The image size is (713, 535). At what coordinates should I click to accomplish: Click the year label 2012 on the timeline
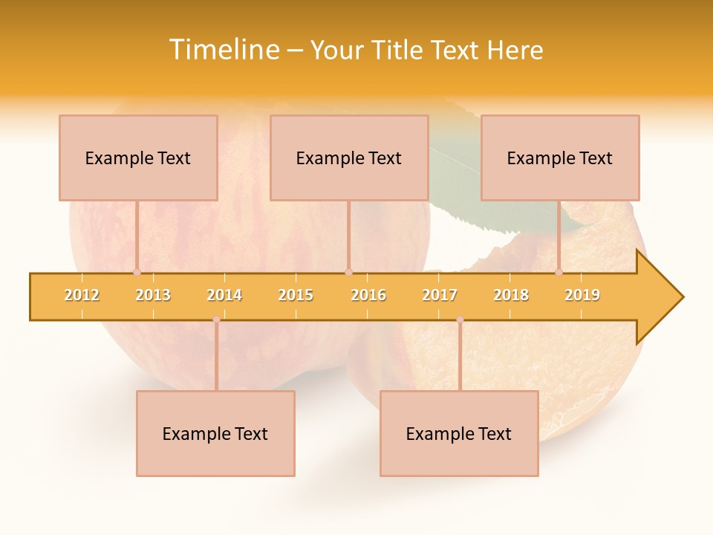pyautogui.click(x=82, y=295)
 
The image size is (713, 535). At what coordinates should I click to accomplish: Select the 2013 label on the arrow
pyautogui.click(x=153, y=295)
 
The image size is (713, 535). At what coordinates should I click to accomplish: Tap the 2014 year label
pyautogui.click(x=224, y=295)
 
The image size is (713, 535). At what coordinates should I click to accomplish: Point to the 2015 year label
pyautogui.click(x=296, y=295)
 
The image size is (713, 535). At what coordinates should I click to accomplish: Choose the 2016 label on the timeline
pyautogui.click(x=368, y=295)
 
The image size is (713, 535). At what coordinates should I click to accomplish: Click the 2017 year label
pyautogui.click(x=440, y=295)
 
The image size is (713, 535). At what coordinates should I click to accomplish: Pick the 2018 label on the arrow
pyautogui.click(x=511, y=295)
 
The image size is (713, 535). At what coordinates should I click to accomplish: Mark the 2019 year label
pyautogui.click(x=582, y=295)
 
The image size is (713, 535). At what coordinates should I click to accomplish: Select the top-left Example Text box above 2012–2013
pyautogui.click(x=138, y=158)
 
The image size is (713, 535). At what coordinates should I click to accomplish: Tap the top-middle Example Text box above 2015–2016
pyautogui.click(x=349, y=158)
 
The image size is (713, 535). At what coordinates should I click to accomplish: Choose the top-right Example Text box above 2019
pyautogui.click(x=560, y=158)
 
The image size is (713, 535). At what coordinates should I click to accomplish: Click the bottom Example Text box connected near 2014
pyautogui.click(x=215, y=433)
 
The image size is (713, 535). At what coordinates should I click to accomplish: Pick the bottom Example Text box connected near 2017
pyautogui.click(x=459, y=433)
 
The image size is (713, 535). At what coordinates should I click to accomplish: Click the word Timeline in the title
pyautogui.click(x=223, y=50)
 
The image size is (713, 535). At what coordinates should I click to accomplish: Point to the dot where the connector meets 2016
pyautogui.click(x=349, y=272)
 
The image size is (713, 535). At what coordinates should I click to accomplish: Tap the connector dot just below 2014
pyautogui.click(x=216, y=320)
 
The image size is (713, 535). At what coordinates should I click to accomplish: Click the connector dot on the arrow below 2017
pyautogui.click(x=460, y=320)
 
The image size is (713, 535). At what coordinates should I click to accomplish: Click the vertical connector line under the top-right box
pyautogui.click(x=559, y=236)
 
